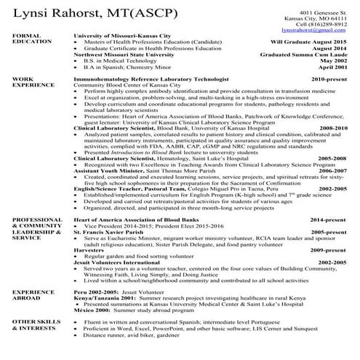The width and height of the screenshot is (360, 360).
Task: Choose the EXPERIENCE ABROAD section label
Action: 29,295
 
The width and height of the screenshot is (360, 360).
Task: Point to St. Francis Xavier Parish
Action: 108,231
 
